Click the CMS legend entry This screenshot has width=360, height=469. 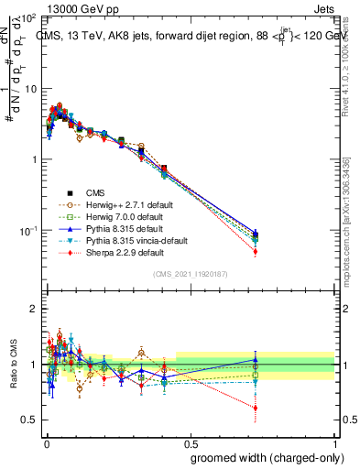click(96, 193)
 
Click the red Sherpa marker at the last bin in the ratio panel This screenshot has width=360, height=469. click(256, 408)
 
